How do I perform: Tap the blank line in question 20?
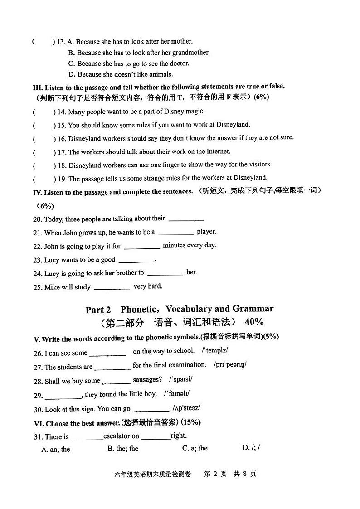coord(186,220)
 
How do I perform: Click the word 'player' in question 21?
coord(206,231)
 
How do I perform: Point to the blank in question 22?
coord(141,247)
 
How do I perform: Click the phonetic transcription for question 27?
coord(230,365)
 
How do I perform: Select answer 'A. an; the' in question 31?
coord(55,449)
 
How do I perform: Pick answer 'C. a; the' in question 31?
coord(195,448)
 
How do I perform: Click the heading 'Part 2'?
coord(98,310)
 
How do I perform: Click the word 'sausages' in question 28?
coord(147,380)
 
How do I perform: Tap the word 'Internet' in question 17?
coord(218,152)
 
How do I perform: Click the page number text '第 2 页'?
coord(215,474)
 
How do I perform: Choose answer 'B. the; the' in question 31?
coord(123,449)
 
